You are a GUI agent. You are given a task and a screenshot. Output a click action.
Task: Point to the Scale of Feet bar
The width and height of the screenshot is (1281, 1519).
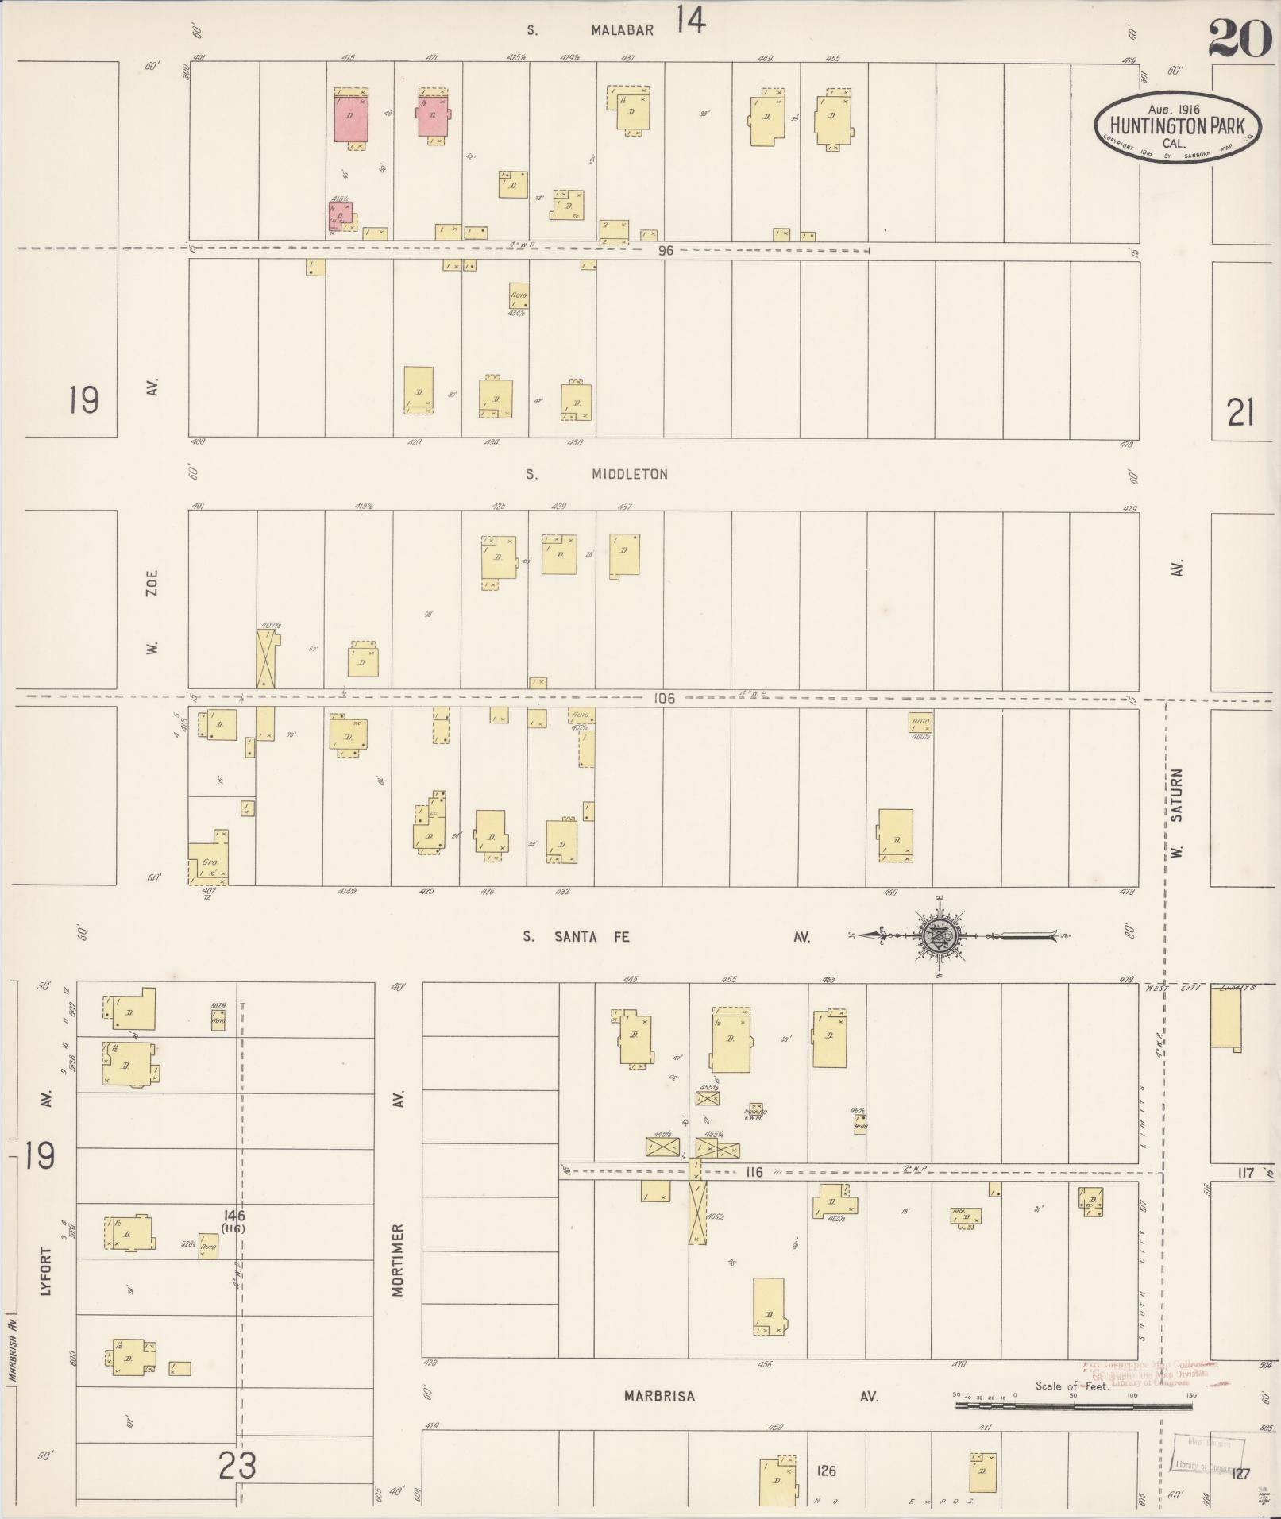coord(1073,1405)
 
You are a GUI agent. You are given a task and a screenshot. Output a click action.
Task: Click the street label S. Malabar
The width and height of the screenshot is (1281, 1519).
coord(592,31)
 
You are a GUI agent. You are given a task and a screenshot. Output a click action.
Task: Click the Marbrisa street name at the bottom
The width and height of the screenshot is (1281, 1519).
coord(659,1396)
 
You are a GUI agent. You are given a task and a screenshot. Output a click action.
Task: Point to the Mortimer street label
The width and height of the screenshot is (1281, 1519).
coord(398,1260)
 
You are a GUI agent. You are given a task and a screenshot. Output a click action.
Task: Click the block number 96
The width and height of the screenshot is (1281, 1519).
coord(666,250)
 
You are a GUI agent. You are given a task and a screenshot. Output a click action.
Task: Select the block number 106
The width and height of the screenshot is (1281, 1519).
coord(664,699)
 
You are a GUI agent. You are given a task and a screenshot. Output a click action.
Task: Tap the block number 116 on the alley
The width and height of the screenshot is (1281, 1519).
coord(754,1172)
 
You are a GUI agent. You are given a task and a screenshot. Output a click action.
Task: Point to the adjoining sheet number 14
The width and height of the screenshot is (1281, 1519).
coord(691,21)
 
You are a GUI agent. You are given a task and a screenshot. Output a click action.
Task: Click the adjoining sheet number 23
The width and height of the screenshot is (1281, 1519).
coord(237,1466)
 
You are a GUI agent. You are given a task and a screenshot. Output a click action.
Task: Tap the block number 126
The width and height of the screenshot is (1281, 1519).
coord(826,1471)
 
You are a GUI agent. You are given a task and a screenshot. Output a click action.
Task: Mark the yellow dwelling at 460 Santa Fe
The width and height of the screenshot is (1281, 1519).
coord(895,835)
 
